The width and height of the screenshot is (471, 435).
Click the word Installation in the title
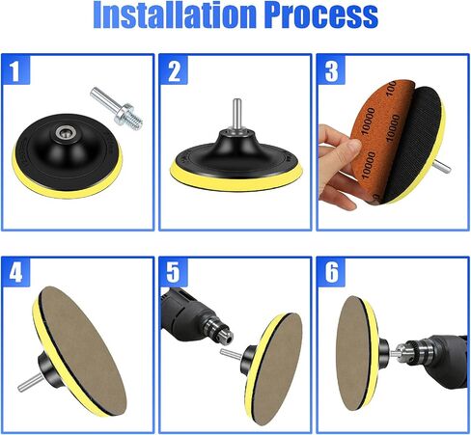[x=175, y=14]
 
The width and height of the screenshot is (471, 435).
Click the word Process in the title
[x=322, y=14]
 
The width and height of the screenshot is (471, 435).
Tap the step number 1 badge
[x=15, y=69]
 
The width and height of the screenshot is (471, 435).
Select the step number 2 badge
[x=174, y=69]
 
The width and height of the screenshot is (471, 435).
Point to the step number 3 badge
[x=331, y=69]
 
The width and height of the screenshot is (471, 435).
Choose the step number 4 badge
[x=15, y=272]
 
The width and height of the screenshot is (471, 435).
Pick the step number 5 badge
[x=174, y=272]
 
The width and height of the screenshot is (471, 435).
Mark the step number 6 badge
[x=331, y=272]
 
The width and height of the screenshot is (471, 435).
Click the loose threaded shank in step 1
[x=117, y=108]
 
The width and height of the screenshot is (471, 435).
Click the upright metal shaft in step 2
[x=237, y=114]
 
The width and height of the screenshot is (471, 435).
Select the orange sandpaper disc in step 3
[x=380, y=142]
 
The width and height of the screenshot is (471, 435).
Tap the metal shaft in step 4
[x=30, y=383]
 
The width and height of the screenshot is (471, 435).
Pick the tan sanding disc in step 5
[x=276, y=368]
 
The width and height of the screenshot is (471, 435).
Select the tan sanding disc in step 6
[x=353, y=353]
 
